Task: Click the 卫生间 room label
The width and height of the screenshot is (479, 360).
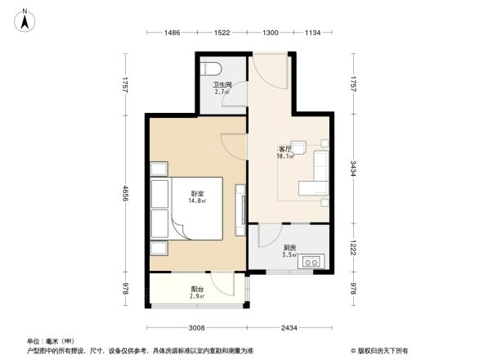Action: point(222,85)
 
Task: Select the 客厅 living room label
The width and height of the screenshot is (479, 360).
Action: point(284,149)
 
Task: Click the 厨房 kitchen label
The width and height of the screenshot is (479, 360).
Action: point(289,247)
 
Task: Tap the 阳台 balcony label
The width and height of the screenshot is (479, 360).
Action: point(197,289)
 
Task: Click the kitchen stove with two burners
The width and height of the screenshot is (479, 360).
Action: point(312,262)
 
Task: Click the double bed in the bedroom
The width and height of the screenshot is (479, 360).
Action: point(191,208)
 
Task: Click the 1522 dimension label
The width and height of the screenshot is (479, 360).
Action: point(222,33)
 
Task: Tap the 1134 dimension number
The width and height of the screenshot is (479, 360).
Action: point(312,33)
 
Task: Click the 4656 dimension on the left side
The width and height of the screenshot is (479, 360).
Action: point(126,194)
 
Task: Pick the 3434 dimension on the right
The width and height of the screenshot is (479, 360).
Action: point(352,169)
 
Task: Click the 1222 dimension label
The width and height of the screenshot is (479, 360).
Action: point(352,248)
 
